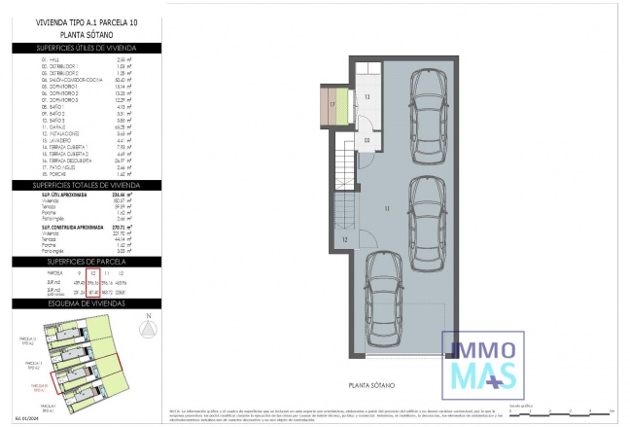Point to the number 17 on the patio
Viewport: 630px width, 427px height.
click(x=332, y=103)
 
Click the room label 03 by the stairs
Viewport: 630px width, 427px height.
click(x=367, y=139)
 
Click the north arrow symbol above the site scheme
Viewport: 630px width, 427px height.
click(x=148, y=329)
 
